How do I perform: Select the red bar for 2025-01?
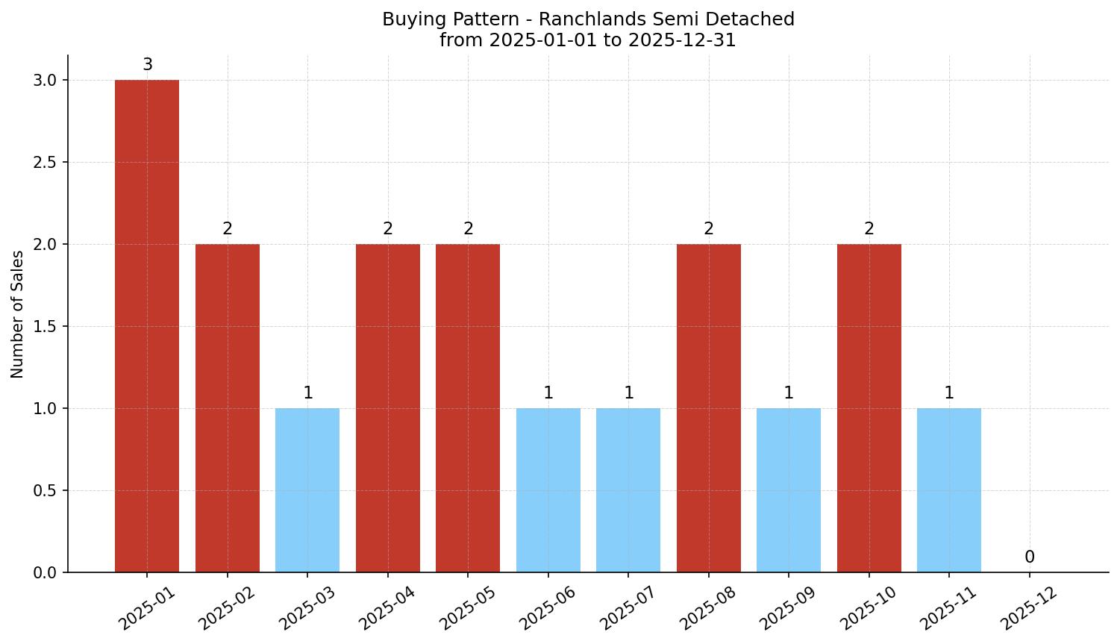pyautogui.click(x=147, y=326)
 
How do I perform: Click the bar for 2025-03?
pyautogui.click(x=307, y=490)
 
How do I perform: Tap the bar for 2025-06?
pyautogui.click(x=548, y=490)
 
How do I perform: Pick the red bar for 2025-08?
pyautogui.click(x=709, y=408)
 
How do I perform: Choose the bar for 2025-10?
pyautogui.click(x=869, y=408)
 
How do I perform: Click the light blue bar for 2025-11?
pyautogui.click(x=949, y=490)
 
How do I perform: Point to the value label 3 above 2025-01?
pyautogui.click(x=148, y=65)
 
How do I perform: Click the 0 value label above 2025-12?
pyautogui.click(x=1030, y=557)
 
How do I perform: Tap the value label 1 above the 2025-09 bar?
pyautogui.click(x=789, y=393)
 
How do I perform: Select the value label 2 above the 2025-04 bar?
pyautogui.click(x=388, y=229)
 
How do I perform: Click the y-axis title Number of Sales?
pyautogui.click(x=18, y=314)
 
